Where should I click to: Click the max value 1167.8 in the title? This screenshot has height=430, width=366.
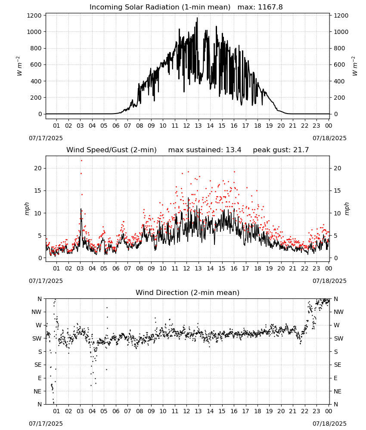pos(270,7)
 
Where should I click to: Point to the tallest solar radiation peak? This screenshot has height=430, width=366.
pos(197,18)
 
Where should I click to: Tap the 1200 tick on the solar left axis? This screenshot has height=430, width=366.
pos(34,15)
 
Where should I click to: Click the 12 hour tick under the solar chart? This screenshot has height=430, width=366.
pos(186,126)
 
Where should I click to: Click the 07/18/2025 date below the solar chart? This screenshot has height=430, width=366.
pos(329,138)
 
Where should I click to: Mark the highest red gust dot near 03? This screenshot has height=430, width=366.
pos(81,161)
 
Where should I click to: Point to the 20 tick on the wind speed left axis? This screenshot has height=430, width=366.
pos(38,169)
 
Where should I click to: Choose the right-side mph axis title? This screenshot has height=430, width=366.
pos(347,209)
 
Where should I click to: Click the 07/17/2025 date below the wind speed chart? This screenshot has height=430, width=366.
pos(46,281)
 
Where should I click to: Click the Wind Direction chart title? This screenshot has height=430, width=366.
pos(188,292)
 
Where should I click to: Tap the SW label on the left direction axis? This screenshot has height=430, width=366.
pos(37,338)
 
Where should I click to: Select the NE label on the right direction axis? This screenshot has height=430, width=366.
pos(337,391)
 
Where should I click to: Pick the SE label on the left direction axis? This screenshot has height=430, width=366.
pos(38,365)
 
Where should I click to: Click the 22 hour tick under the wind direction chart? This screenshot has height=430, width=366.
pos(304,411)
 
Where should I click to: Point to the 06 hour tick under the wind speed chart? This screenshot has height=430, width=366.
pos(115,268)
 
